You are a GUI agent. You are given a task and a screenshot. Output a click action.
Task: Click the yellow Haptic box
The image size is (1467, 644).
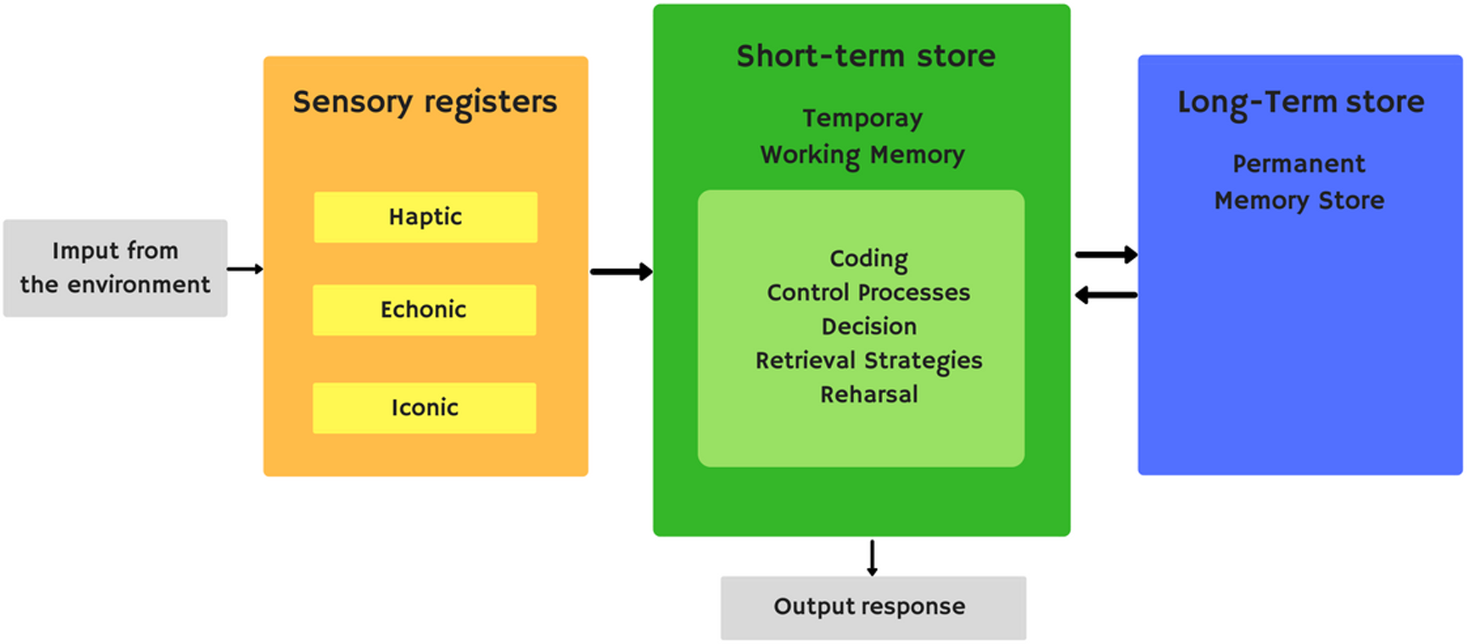426,217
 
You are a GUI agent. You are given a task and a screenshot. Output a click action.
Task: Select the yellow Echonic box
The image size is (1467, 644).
424,309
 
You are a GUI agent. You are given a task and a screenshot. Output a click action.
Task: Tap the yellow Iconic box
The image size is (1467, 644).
424,408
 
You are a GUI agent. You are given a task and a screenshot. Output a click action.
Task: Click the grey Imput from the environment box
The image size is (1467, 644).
115,268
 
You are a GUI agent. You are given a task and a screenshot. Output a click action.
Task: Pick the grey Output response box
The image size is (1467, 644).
873,607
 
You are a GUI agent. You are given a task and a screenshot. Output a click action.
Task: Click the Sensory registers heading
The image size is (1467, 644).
425,102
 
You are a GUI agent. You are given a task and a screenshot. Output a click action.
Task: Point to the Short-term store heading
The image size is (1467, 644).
866,56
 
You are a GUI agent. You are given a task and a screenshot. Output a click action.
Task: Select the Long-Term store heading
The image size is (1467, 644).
1301,102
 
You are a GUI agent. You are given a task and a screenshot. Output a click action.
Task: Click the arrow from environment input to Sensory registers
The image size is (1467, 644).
245,269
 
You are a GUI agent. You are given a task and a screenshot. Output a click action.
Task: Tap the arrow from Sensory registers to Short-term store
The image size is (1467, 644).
621,272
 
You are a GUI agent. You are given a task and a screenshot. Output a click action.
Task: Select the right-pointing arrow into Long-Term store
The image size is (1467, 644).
1106,255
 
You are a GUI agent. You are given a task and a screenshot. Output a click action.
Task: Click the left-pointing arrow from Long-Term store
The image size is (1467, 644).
1106,295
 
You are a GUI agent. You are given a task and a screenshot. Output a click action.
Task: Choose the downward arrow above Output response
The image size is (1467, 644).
872,557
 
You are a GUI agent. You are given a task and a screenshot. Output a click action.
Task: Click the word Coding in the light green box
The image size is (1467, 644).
868,258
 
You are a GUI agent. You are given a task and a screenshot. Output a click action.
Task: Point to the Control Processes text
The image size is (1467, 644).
868,292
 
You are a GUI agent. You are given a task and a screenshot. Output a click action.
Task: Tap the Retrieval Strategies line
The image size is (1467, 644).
868,360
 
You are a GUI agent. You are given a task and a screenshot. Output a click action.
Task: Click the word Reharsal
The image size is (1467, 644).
868,394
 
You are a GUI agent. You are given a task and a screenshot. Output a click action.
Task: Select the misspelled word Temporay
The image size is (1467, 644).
862,118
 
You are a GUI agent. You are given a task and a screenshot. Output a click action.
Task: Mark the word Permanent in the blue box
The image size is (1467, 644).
1299,164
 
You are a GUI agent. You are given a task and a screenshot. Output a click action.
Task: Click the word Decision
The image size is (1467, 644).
868,326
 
